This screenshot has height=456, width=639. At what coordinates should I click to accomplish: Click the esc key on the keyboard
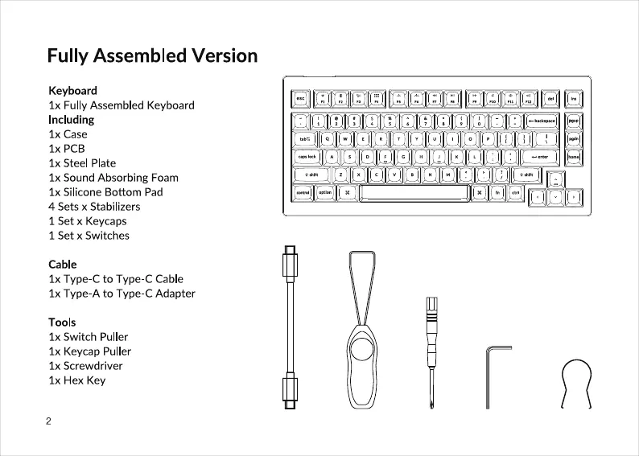click(300, 99)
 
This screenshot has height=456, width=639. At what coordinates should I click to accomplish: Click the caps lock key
click(307, 157)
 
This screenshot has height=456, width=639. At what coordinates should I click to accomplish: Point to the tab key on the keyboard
click(304, 138)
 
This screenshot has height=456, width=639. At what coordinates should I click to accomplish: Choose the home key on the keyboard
click(574, 157)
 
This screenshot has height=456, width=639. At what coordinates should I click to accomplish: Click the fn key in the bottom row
click(497, 193)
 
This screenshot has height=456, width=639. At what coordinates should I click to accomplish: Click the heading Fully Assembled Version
click(152, 55)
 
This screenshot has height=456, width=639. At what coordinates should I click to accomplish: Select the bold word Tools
click(62, 322)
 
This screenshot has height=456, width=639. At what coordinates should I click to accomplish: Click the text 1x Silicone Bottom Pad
click(105, 191)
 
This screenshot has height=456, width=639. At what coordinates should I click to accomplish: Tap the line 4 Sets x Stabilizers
click(100, 206)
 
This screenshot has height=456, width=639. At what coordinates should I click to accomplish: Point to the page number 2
click(49, 421)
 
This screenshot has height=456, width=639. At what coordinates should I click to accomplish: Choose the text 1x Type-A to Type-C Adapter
click(122, 293)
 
